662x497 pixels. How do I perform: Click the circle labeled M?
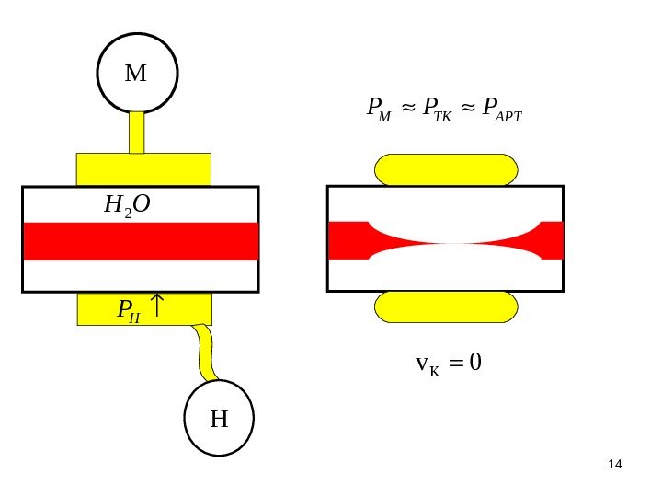tap(137, 73)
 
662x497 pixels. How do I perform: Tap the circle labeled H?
tap(220, 420)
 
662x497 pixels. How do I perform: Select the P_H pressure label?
tap(129, 310)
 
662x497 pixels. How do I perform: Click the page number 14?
tap(616, 462)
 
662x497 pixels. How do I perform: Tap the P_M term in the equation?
tap(378, 110)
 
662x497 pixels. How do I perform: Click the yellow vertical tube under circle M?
tap(137, 133)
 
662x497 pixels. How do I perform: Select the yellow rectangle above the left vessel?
tap(143, 169)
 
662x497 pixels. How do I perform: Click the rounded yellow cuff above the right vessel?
tap(446, 169)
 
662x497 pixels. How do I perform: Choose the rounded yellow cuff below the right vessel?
tap(446, 306)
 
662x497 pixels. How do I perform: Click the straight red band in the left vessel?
tap(141, 240)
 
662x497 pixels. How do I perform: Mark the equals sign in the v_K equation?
tap(453, 365)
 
